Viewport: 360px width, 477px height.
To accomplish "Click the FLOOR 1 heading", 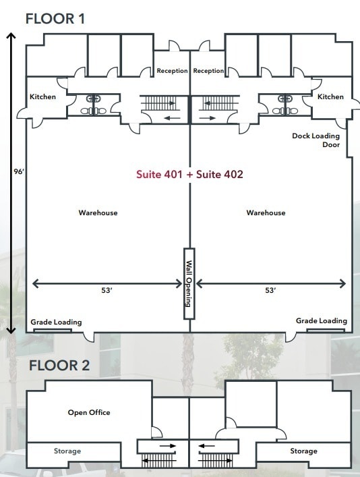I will pos(55,18).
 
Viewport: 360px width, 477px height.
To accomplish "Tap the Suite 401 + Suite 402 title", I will pos(189,174).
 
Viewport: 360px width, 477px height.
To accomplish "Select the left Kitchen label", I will pos(43,97).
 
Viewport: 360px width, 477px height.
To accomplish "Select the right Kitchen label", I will pos(330,97).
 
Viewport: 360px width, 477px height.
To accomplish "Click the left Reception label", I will pos(172,72).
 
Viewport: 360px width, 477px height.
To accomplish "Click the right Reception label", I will pos(208,72).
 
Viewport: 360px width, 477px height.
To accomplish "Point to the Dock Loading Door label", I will pos(316,140).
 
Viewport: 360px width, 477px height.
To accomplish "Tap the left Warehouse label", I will pos(98,213).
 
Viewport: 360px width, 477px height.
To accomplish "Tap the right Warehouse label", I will pos(266,213).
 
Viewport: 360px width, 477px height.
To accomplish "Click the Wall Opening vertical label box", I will pos(189,283).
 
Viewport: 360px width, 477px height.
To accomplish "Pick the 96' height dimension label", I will pos(18,172).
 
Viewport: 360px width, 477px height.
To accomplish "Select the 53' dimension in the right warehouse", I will pos(270,291).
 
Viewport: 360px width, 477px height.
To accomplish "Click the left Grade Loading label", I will pos(56,322).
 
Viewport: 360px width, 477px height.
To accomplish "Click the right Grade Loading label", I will pos(322,321).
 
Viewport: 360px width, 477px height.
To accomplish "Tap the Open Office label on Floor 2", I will pos(89,412).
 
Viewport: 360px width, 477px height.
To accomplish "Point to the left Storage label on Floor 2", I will pos(67,451).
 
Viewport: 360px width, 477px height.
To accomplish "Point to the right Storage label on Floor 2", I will pos(303,451).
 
